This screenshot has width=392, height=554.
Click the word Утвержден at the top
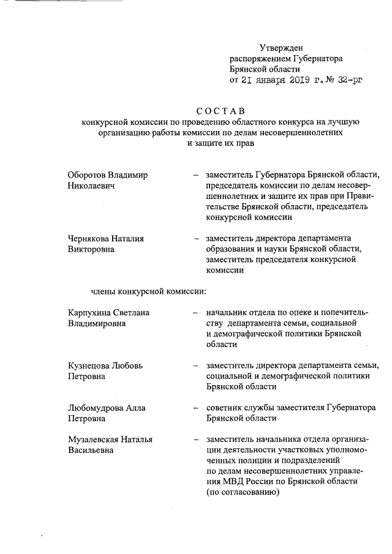(x=281, y=47)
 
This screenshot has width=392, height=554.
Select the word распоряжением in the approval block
(x=258, y=58)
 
